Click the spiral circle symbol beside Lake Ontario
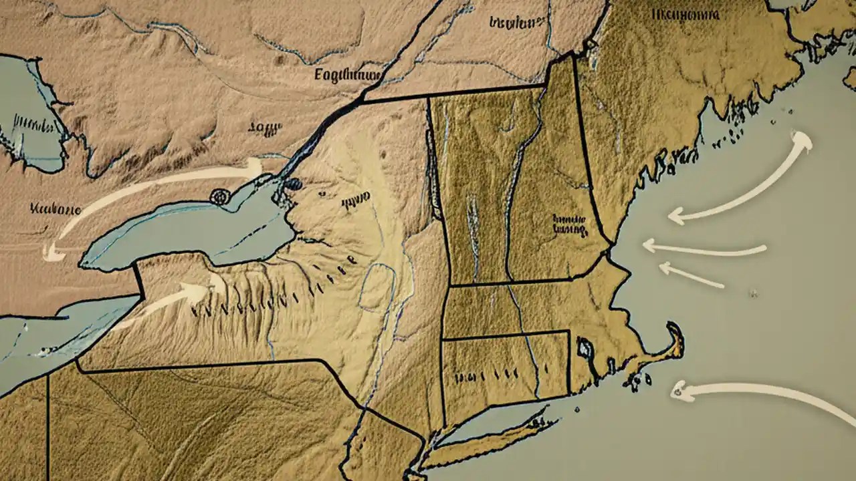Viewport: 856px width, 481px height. (x=220, y=196)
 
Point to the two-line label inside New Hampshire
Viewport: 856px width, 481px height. (x=568, y=224)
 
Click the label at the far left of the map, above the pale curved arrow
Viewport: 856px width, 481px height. (x=55, y=208)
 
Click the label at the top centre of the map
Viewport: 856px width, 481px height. (x=515, y=22)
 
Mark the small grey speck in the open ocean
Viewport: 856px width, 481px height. (x=754, y=293)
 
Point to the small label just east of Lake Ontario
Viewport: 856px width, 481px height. (x=355, y=198)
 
